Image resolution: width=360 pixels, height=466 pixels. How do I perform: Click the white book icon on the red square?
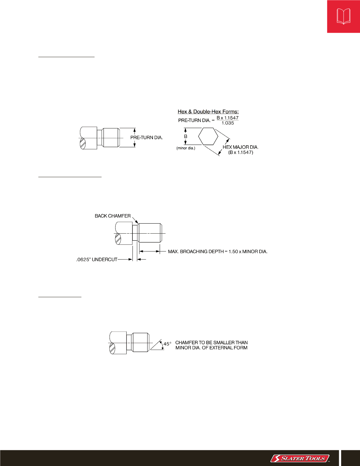(344, 16)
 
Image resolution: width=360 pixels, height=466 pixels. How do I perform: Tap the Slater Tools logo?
(300, 459)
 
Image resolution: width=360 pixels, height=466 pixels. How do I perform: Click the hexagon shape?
(208, 137)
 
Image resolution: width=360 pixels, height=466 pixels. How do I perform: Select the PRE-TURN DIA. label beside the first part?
(147, 138)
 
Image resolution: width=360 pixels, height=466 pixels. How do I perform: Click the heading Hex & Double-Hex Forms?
(208, 112)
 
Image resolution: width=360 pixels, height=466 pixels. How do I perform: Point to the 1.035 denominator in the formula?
(228, 123)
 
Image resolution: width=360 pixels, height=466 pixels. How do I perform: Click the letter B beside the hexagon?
(186, 136)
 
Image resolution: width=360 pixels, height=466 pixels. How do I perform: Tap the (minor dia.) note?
(186, 148)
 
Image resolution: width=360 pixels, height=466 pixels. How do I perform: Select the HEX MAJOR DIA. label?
(241, 147)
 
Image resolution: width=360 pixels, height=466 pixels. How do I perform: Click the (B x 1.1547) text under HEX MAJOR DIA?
(241, 152)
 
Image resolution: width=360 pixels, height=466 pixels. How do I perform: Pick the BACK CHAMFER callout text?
(113, 216)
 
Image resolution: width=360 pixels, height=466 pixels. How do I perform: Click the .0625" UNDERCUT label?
(97, 260)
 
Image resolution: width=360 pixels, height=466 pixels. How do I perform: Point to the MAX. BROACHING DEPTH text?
(217, 251)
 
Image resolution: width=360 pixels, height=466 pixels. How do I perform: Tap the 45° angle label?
(167, 344)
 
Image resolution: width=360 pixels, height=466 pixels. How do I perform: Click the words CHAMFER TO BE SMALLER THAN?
(211, 343)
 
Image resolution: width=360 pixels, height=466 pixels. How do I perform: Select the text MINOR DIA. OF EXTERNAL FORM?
(211, 348)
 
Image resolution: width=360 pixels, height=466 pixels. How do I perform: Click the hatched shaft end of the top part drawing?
(83, 143)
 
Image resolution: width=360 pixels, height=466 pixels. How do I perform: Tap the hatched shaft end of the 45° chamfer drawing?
(112, 348)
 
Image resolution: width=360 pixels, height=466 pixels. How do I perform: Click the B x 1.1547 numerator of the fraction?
(228, 118)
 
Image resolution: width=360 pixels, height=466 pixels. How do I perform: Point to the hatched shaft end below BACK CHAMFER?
(118, 239)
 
